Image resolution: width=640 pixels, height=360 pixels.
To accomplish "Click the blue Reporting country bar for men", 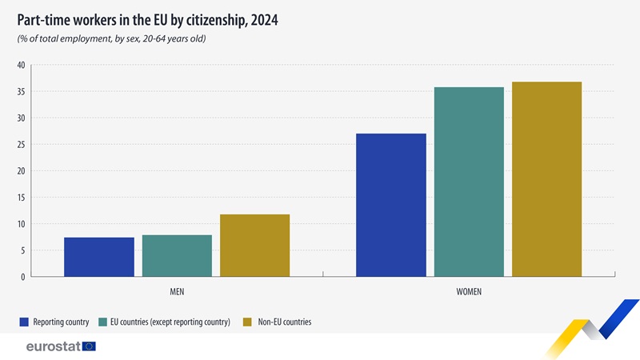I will click(99, 257).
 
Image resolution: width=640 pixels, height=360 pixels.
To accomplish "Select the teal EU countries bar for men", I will click(177, 256).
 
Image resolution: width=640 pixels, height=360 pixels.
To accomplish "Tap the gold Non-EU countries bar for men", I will click(254, 246).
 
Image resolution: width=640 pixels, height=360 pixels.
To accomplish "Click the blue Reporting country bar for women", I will click(391, 205).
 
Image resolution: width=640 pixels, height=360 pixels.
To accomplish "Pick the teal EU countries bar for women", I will click(469, 182).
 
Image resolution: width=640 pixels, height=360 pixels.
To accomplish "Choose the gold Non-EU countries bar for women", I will click(546, 179).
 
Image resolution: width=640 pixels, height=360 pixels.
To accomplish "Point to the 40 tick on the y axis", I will click(21, 65).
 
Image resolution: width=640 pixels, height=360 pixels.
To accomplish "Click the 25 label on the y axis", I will click(21, 144).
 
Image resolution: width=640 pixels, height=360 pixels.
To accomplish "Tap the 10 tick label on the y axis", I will click(21, 224).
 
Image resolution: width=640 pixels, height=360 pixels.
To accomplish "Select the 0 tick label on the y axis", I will click(23, 277).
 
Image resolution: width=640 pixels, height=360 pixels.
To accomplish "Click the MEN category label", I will click(177, 292).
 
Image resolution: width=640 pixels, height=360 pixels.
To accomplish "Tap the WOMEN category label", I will click(469, 292).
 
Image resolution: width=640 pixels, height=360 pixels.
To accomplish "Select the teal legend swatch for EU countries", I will click(104, 322).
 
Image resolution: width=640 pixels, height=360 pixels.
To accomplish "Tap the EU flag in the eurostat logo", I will click(88, 346).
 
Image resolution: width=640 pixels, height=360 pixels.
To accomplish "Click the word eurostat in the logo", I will click(53, 346).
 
